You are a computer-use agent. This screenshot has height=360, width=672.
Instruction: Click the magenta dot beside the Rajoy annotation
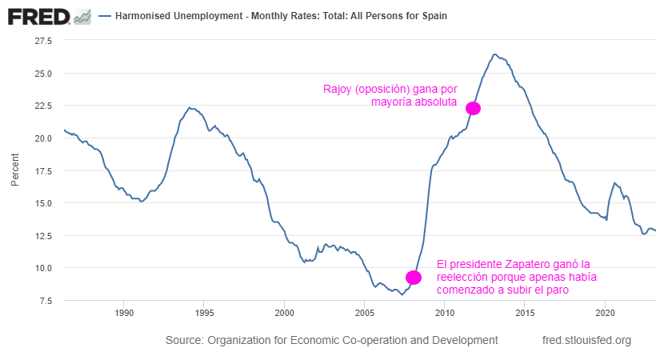(x=473, y=108)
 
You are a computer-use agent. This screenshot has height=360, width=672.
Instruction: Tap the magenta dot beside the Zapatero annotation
(x=414, y=278)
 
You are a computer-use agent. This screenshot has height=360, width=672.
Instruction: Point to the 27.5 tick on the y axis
(x=42, y=40)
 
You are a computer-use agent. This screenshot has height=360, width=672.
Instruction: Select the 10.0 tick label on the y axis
(x=42, y=268)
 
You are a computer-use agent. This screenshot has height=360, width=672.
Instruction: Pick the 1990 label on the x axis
(x=123, y=312)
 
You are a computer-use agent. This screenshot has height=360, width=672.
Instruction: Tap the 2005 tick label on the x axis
(x=365, y=312)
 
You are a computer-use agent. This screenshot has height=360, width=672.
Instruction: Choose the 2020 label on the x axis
(x=606, y=312)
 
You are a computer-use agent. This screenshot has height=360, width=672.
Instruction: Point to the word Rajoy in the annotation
(x=338, y=88)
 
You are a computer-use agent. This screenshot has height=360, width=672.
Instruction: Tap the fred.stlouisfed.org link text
(x=586, y=340)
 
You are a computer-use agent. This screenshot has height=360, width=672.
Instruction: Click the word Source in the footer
(x=184, y=340)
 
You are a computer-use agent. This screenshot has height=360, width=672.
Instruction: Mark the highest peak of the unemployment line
(x=494, y=54)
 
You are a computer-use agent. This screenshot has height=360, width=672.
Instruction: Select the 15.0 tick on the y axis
(x=42, y=203)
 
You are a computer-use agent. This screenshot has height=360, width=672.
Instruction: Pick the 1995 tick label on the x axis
(x=204, y=312)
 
